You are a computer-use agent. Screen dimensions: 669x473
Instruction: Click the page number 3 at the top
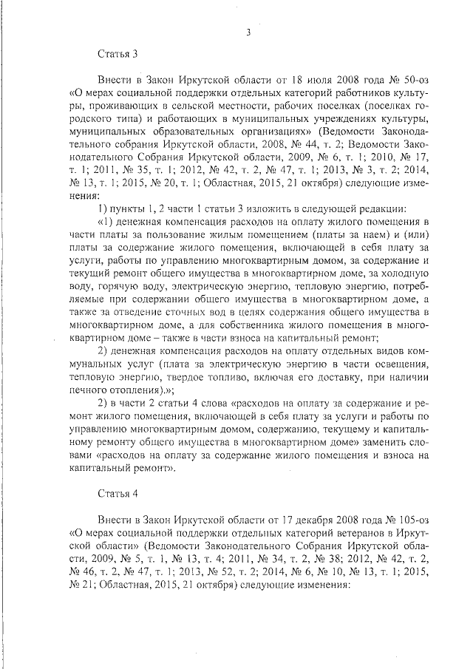pos(248,32)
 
